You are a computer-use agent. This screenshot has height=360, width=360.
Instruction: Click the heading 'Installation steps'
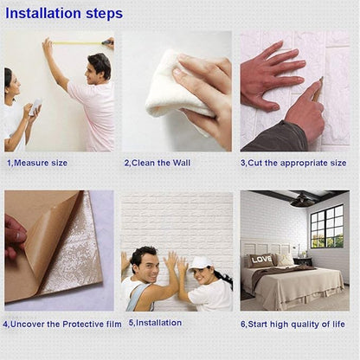64,14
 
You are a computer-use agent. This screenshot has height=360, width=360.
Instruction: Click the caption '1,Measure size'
36,163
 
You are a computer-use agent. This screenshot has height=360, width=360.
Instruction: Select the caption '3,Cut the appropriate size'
292,163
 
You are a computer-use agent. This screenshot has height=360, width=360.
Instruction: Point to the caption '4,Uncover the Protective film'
61,324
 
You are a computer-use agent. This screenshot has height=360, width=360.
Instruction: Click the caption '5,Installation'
155,323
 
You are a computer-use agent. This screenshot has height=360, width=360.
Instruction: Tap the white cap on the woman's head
200,262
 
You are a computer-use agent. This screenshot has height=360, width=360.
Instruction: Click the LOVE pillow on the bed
261,260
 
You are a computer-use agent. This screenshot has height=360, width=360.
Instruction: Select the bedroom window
326,226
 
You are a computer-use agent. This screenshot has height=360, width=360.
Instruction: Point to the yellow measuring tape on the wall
78,42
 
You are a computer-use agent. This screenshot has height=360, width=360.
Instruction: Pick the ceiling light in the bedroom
302,201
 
